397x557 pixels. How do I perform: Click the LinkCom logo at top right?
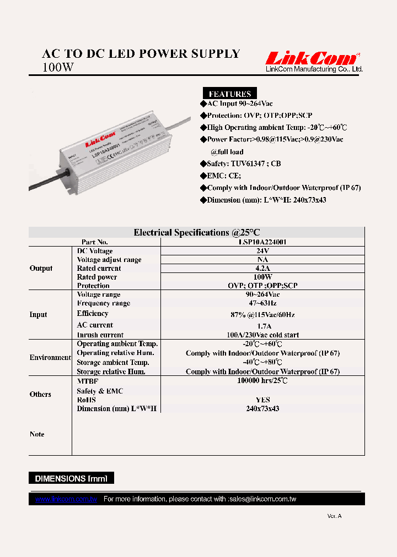[313, 59]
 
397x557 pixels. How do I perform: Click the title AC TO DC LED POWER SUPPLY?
[141, 54]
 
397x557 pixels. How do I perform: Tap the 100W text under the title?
[57, 68]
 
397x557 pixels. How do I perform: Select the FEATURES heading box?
[229, 94]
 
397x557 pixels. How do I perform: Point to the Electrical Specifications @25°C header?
[196, 232]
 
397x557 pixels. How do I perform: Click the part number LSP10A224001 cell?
[262, 242]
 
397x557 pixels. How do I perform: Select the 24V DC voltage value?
[262, 251]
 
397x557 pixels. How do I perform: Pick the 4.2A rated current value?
[262, 269]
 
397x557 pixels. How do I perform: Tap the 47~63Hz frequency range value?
[262, 303]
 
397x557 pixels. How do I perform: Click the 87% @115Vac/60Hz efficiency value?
[262, 314]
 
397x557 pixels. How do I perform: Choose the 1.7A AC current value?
[262, 326]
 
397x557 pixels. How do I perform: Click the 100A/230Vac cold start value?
[262, 335]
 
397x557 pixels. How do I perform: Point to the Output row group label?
[41, 269]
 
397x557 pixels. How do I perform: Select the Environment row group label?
[50, 358]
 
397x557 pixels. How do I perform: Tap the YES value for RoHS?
[262, 400]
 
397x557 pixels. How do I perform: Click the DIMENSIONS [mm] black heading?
[72, 478]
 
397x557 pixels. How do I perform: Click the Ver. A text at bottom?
[334, 516]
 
